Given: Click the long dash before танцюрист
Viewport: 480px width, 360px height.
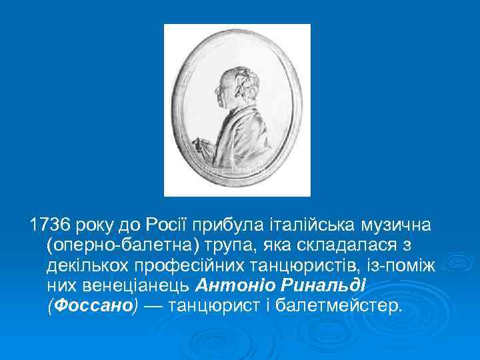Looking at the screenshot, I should [154, 307].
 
